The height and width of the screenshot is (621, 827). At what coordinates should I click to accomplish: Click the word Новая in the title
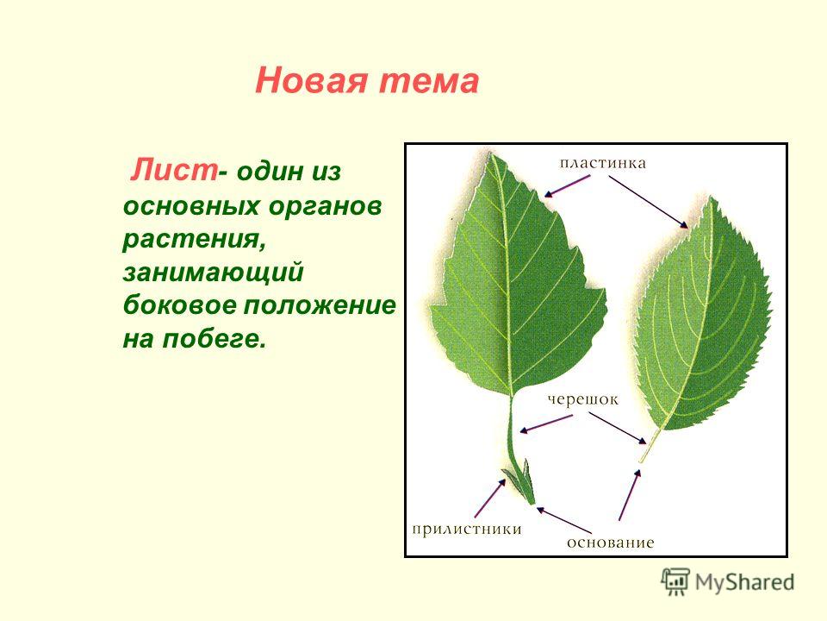[x=311, y=81]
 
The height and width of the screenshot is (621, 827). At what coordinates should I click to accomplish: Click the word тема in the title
[x=429, y=81]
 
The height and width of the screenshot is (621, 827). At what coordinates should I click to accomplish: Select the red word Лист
[x=174, y=170]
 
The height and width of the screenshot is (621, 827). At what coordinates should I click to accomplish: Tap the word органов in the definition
[x=325, y=207]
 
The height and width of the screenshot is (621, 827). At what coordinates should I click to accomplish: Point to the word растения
[x=193, y=240]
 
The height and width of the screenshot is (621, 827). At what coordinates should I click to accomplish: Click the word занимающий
[x=213, y=273]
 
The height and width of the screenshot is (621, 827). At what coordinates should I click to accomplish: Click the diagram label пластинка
[x=602, y=163]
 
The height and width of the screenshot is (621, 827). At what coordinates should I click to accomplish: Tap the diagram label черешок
[x=582, y=399]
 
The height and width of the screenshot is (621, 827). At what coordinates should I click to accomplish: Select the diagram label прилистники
[x=467, y=529]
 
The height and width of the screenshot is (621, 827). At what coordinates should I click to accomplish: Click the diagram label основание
[x=610, y=543]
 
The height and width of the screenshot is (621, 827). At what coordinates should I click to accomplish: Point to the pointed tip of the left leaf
[x=491, y=153]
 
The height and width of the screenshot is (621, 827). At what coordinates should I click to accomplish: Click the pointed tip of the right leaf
[x=713, y=197]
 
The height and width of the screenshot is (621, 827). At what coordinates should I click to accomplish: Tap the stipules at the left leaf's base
[x=519, y=480]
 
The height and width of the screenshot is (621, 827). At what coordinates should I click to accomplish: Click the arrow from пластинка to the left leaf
[x=567, y=186]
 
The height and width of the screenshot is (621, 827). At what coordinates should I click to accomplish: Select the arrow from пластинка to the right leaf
[x=648, y=202]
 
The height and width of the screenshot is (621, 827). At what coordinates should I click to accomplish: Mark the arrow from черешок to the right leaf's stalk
[x=618, y=428]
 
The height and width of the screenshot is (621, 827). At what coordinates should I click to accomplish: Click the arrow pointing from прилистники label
[x=490, y=498]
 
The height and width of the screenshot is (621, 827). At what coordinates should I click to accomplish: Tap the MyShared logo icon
[x=675, y=582]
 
